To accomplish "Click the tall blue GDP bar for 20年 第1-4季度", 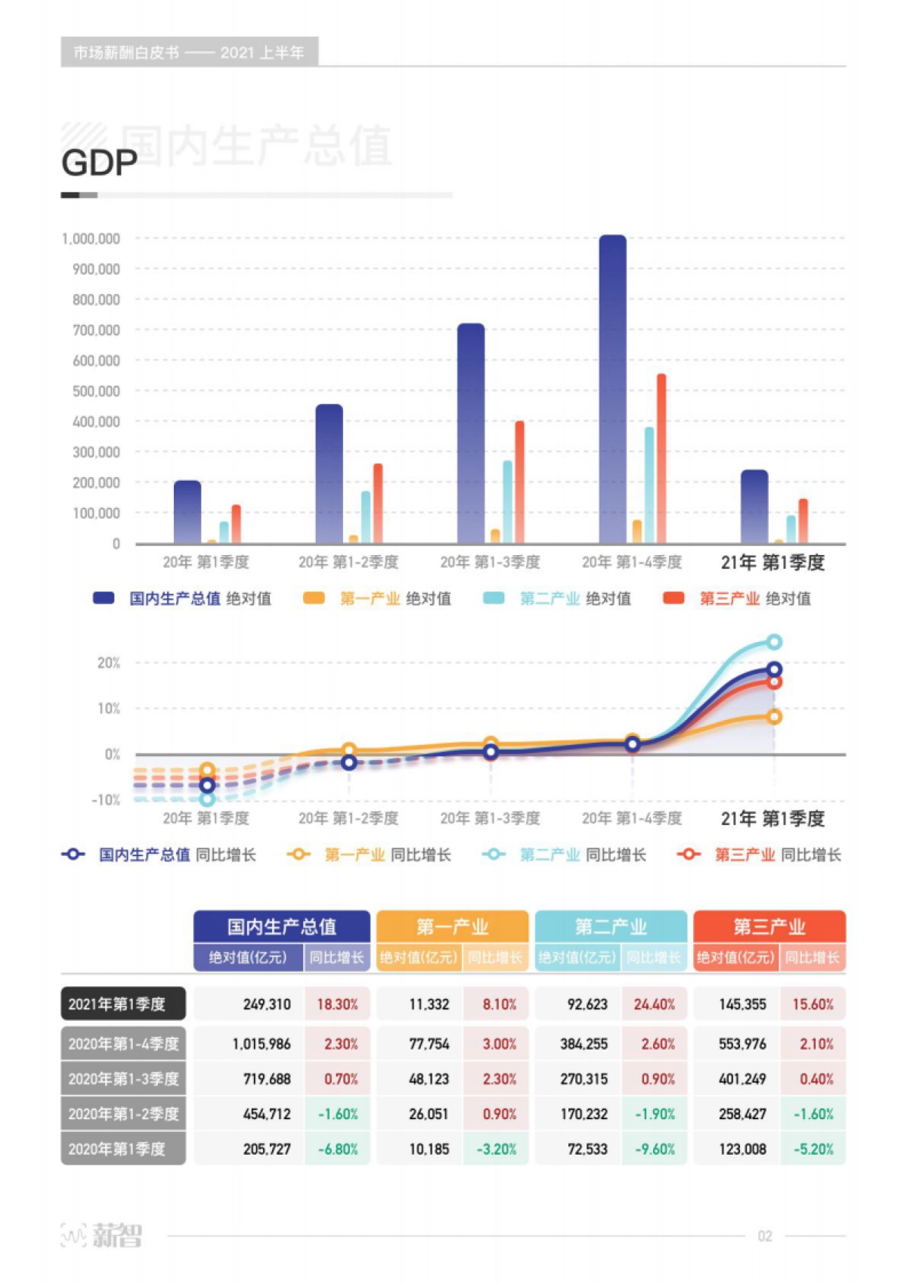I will pos(613,389).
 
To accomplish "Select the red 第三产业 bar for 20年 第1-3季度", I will pos(519,482).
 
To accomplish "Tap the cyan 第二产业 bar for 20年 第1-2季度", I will pos(366,517).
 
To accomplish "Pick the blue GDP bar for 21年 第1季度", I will pos(754,507).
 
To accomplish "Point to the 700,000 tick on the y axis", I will pos(96,330).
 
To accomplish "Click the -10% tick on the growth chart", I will pos(106,800).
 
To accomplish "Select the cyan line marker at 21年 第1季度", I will pos(774,642).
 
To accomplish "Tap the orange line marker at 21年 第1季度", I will pos(774,717).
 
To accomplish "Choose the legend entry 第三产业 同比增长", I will pos(760,854).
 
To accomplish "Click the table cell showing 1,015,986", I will pos(262,1044).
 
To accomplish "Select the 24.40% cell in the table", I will pos(655,1004).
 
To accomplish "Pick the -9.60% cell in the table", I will pos(655,1149).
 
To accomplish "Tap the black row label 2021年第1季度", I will pos(123,1004).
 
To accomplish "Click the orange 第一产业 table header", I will pos(452,926).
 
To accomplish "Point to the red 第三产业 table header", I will pos(769,926).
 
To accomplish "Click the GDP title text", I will pos(99,163).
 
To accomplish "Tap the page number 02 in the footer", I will pos(765,1236).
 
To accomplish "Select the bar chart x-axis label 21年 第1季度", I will pos(772,563).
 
